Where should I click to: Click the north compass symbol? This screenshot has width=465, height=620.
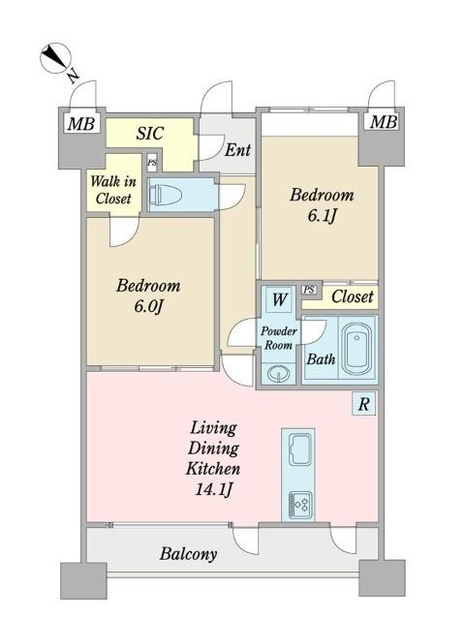[55, 58]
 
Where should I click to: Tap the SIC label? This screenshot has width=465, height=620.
[150, 134]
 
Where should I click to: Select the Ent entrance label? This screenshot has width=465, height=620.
[237, 150]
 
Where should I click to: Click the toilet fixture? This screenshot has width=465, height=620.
[165, 195]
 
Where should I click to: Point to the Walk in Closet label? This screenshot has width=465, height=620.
[113, 190]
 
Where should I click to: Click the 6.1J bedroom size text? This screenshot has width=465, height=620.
[322, 215]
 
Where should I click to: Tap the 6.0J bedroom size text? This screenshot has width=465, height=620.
[148, 306]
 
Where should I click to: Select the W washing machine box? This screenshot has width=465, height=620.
[280, 299]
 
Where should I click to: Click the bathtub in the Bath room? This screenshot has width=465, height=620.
[357, 349]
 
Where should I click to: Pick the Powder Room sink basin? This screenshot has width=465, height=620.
[279, 373]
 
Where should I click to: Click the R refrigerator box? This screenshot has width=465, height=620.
[364, 404]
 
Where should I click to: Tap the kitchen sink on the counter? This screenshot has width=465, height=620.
[299, 449]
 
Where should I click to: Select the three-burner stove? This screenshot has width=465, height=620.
[299, 505]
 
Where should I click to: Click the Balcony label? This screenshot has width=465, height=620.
[188, 554]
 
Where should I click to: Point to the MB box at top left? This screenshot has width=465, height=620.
[81, 123]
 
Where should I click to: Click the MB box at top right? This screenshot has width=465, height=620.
[383, 121]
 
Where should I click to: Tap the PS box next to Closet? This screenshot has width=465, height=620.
[310, 290]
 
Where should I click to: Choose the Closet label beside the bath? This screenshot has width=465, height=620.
[352, 296]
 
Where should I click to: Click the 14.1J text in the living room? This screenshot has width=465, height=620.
[213, 490]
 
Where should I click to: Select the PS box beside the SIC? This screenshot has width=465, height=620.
[152, 163]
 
